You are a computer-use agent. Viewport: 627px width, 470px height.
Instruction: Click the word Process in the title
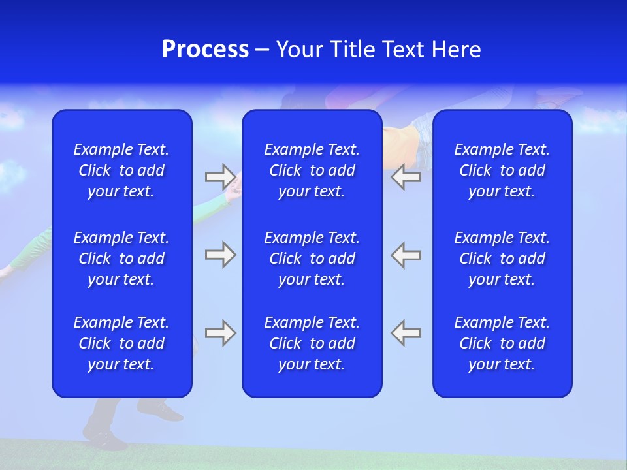tap(205, 50)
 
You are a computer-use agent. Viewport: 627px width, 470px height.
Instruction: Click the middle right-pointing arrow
tap(220, 255)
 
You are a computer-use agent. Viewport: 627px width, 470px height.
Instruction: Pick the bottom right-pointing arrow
tap(220, 333)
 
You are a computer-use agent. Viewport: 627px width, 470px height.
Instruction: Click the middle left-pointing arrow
tap(406, 255)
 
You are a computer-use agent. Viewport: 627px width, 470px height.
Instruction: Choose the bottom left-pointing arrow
tap(406, 333)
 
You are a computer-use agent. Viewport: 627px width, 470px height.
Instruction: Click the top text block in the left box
tap(121, 170)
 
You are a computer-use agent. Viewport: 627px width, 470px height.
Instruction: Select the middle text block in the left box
tap(121, 258)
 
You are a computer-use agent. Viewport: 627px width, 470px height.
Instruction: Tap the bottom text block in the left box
tap(121, 343)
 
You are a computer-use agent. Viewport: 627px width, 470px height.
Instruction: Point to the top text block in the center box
tap(312, 170)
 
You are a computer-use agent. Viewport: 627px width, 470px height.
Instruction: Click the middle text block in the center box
tap(312, 258)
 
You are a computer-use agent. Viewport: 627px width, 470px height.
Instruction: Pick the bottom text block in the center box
tap(312, 343)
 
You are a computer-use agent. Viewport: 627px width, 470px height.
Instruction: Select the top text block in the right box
tap(502, 170)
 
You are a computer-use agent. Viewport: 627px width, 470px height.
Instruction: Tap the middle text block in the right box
tap(502, 258)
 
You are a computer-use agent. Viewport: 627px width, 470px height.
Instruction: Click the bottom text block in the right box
tap(502, 343)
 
